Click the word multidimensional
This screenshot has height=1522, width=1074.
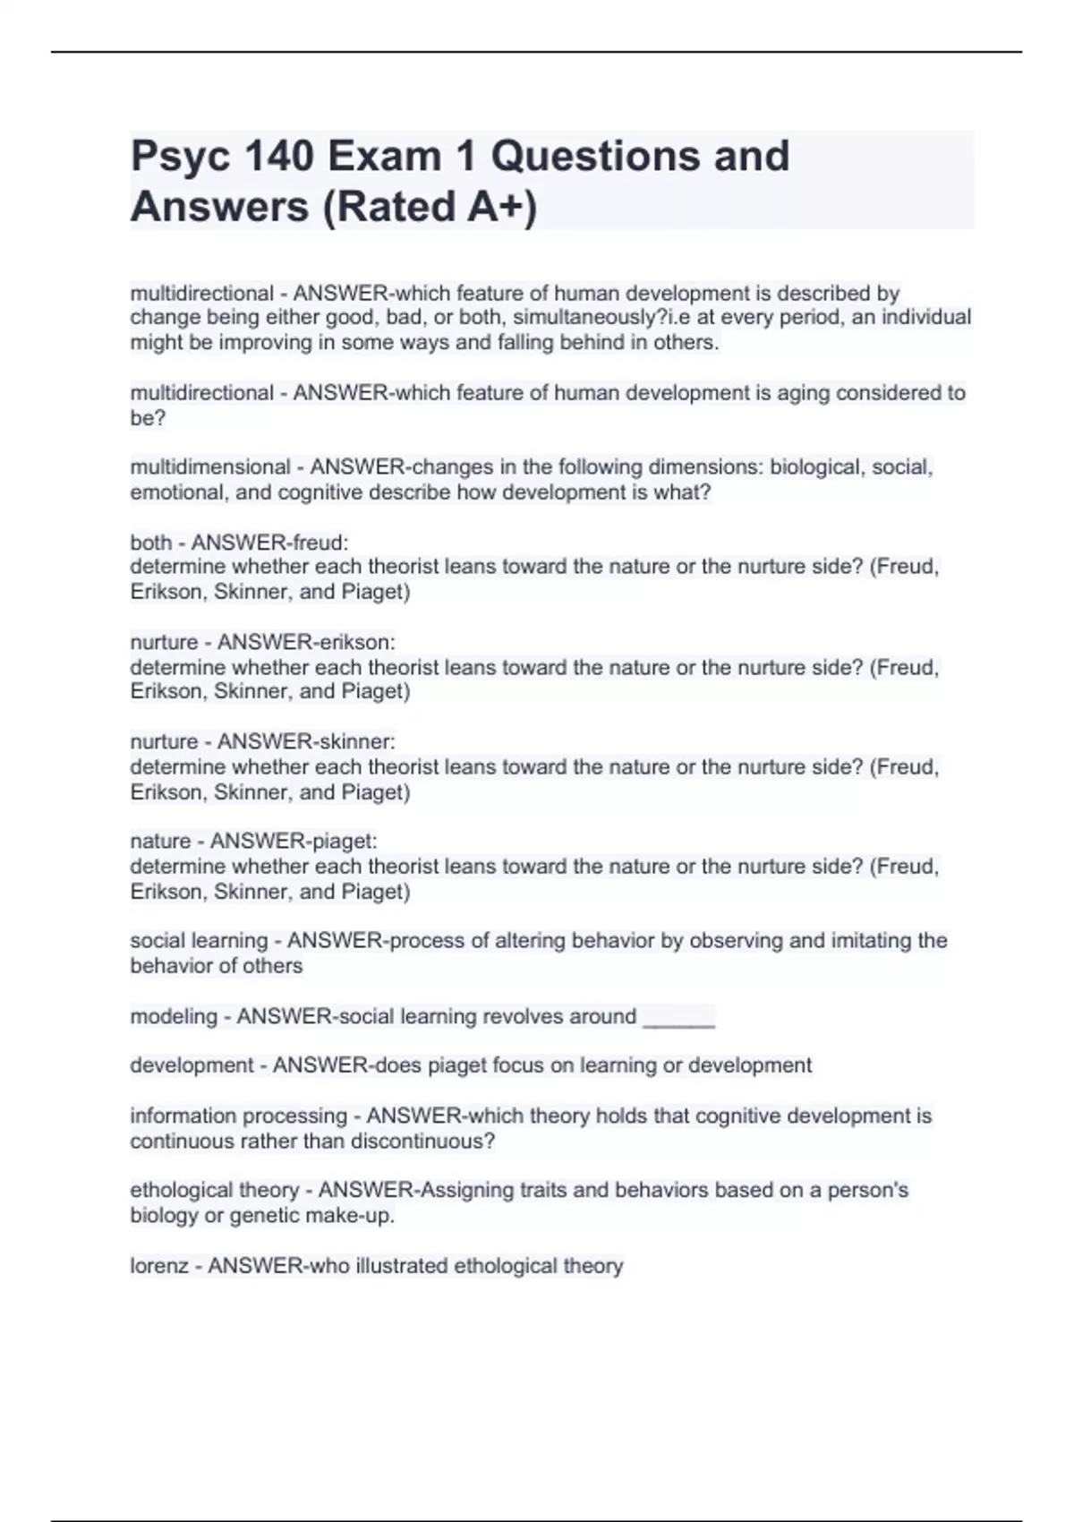point(210,467)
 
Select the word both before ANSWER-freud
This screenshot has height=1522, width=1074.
point(150,543)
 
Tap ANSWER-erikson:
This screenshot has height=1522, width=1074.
point(306,642)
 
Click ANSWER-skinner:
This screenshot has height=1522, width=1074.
point(306,741)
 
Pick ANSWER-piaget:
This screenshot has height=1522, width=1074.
point(294,841)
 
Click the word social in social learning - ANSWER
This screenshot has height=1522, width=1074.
point(158,941)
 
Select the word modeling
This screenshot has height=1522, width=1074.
point(174,1017)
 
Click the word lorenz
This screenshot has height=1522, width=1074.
point(159,1266)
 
